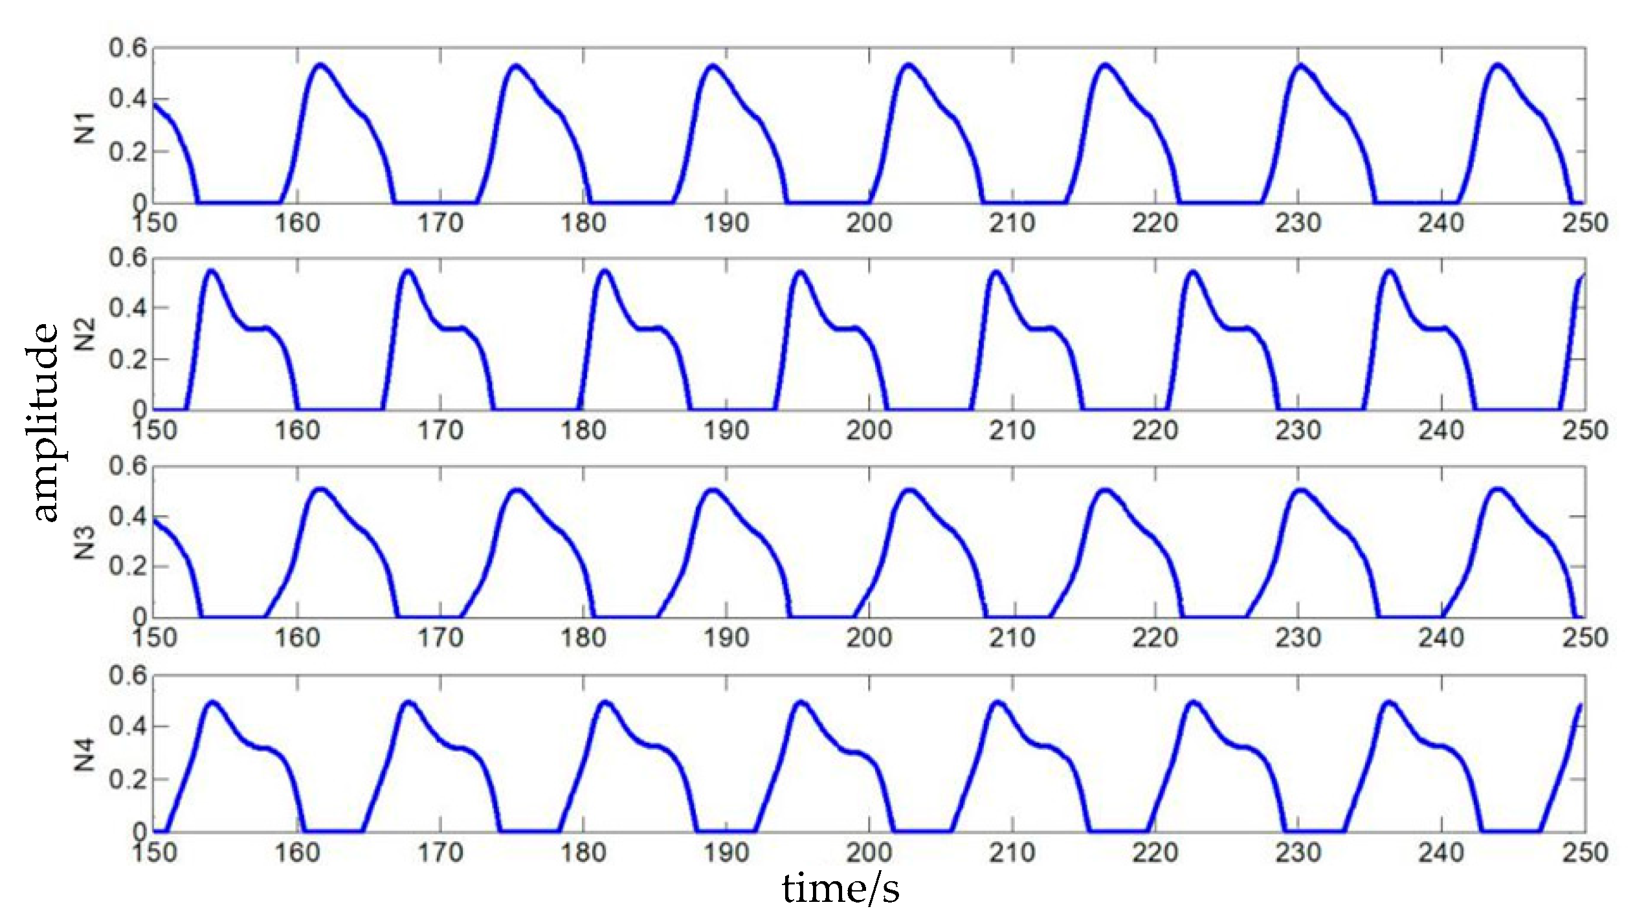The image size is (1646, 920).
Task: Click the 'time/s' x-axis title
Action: point(840,889)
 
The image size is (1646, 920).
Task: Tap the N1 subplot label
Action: point(85,127)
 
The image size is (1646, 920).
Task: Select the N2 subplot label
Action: point(85,334)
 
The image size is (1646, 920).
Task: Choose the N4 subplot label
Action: point(85,754)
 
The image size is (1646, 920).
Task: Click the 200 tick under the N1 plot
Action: point(869,223)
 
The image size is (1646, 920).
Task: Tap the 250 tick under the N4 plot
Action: point(1585,852)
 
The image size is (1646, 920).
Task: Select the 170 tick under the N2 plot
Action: point(440,430)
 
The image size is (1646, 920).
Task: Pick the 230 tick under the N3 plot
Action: point(1298,638)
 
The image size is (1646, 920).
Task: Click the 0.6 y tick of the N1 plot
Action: point(128,49)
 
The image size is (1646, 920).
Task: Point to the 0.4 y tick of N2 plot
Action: point(128,308)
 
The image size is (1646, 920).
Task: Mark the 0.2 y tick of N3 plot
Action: point(128,567)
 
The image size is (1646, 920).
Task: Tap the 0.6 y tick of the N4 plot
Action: point(128,676)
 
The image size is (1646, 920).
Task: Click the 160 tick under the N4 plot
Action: point(297,852)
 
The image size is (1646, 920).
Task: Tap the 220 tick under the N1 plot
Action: point(1155,223)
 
